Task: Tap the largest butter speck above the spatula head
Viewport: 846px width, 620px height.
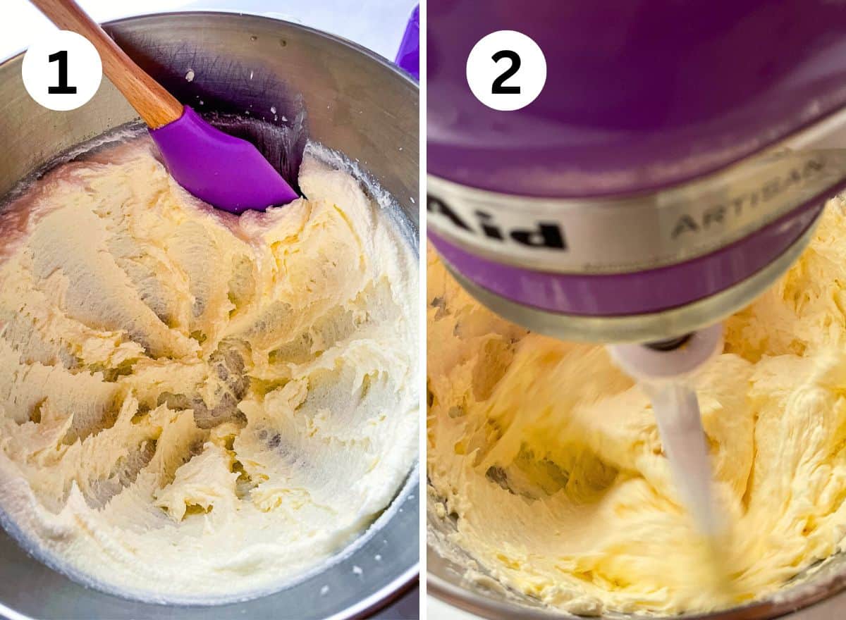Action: coord(190,75)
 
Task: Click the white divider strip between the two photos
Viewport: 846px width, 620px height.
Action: coord(423,352)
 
